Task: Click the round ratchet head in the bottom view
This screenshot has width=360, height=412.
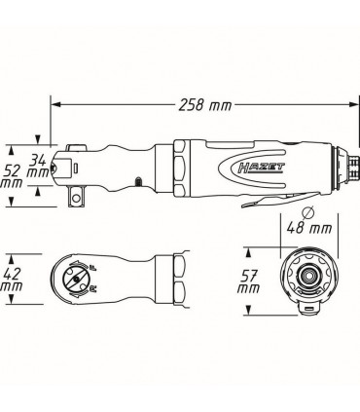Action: pyautogui.click(x=78, y=280)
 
